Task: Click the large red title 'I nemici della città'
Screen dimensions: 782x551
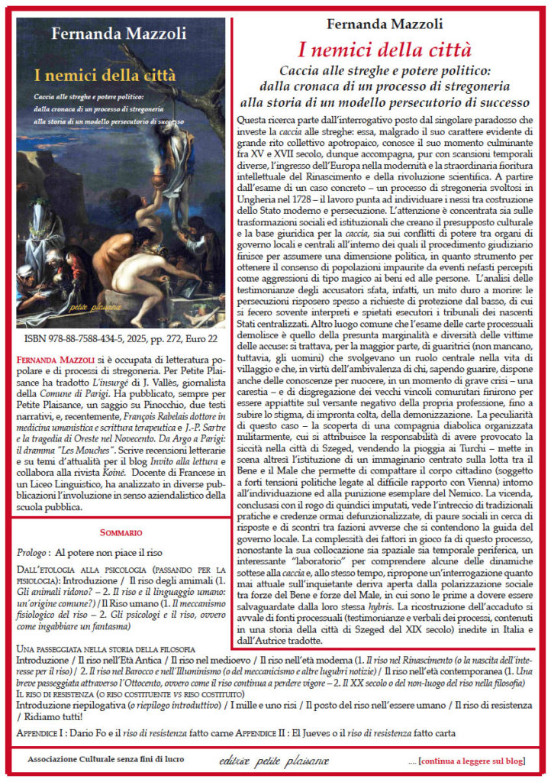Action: pyautogui.click(x=385, y=51)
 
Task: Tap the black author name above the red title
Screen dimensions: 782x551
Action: pyautogui.click(x=385, y=24)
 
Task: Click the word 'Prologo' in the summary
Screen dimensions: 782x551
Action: pyautogui.click(x=34, y=551)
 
